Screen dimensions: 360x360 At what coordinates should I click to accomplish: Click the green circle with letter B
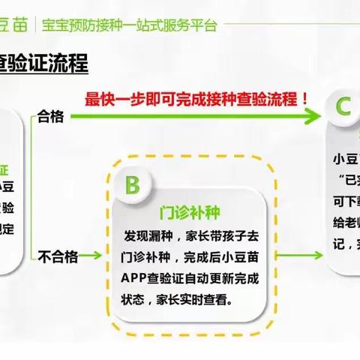coord(133,185)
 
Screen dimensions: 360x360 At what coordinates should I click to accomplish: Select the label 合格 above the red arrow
coord(51,117)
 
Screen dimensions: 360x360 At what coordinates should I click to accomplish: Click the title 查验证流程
coord(44,64)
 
